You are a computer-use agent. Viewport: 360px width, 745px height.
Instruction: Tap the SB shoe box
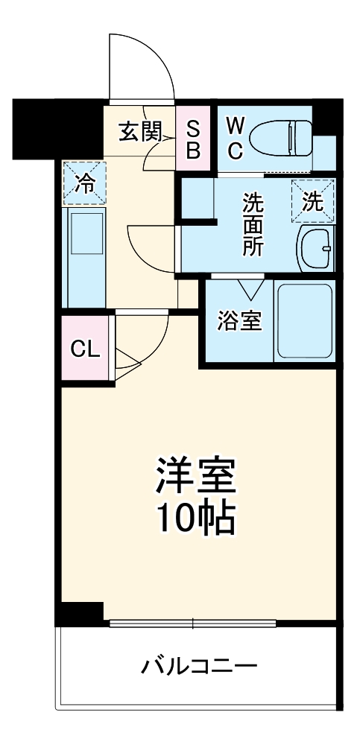point(193,139)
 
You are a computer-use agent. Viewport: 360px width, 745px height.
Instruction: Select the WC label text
point(234,138)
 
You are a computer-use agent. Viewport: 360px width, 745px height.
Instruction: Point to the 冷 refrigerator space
point(85,183)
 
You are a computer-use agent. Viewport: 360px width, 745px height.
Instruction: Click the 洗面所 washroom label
point(253,224)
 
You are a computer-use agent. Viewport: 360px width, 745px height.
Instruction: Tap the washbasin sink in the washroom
point(316,250)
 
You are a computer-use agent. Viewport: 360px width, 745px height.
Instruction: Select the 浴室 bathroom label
point(239,322)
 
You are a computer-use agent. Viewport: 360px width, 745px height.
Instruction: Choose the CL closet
point(85,349)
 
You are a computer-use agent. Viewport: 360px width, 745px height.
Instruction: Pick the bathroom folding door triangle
point(250,288)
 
